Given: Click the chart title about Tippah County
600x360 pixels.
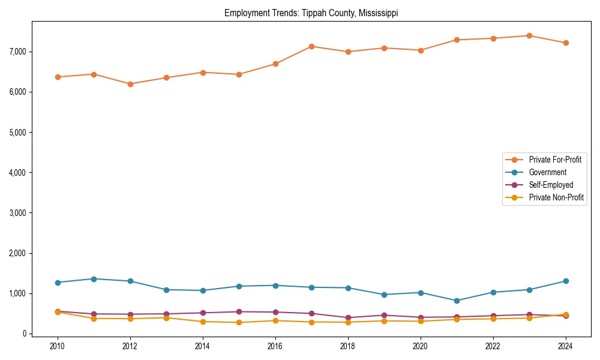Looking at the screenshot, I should tap(311, 13).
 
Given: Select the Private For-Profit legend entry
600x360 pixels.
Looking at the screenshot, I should tap(555, 160).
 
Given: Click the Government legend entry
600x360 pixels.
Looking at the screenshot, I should tap(547, 172).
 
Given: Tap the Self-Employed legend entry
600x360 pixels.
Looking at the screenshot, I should tap(551, 185).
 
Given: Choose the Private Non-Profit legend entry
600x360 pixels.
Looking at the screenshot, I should tap(556, 197).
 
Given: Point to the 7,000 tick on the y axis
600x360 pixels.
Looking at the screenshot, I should tap(18, 52).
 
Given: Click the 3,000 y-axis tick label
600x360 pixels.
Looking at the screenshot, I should tap(18, 213).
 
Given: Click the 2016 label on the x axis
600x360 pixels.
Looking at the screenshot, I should tap(275, 346).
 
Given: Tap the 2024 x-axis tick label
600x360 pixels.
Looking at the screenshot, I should tap(565, 346).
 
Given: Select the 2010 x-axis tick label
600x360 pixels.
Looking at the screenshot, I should tap(58, 346).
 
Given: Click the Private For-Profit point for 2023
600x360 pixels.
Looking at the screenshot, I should tap(529, 35).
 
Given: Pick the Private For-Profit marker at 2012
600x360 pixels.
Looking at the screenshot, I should tap(130, 84).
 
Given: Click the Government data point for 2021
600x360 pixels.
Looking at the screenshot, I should tap(457, 301).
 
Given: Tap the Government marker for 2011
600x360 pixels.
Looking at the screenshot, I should tap(94, 279).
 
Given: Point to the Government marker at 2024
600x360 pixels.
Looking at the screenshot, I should tap(565, 281).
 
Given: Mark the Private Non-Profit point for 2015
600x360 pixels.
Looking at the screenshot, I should tap(239, 322).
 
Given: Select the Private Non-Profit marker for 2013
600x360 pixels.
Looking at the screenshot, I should tap(166, 317).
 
